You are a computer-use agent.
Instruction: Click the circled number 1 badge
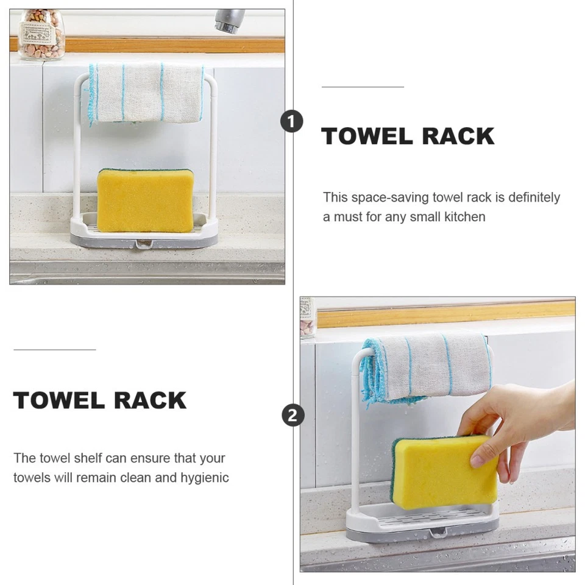pos(292,122)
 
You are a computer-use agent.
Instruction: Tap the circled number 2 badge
pos(292,416)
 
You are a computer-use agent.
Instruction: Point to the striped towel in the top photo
pos(146,93)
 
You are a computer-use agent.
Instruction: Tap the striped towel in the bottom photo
pos(427,366)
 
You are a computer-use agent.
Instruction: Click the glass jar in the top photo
pos(41,35)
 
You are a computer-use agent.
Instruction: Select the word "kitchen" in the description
pos(464,217)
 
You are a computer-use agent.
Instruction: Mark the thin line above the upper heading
pos(363,87)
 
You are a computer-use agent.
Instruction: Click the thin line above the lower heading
pos(55,350)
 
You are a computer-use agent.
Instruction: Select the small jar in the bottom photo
pos(307,317)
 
